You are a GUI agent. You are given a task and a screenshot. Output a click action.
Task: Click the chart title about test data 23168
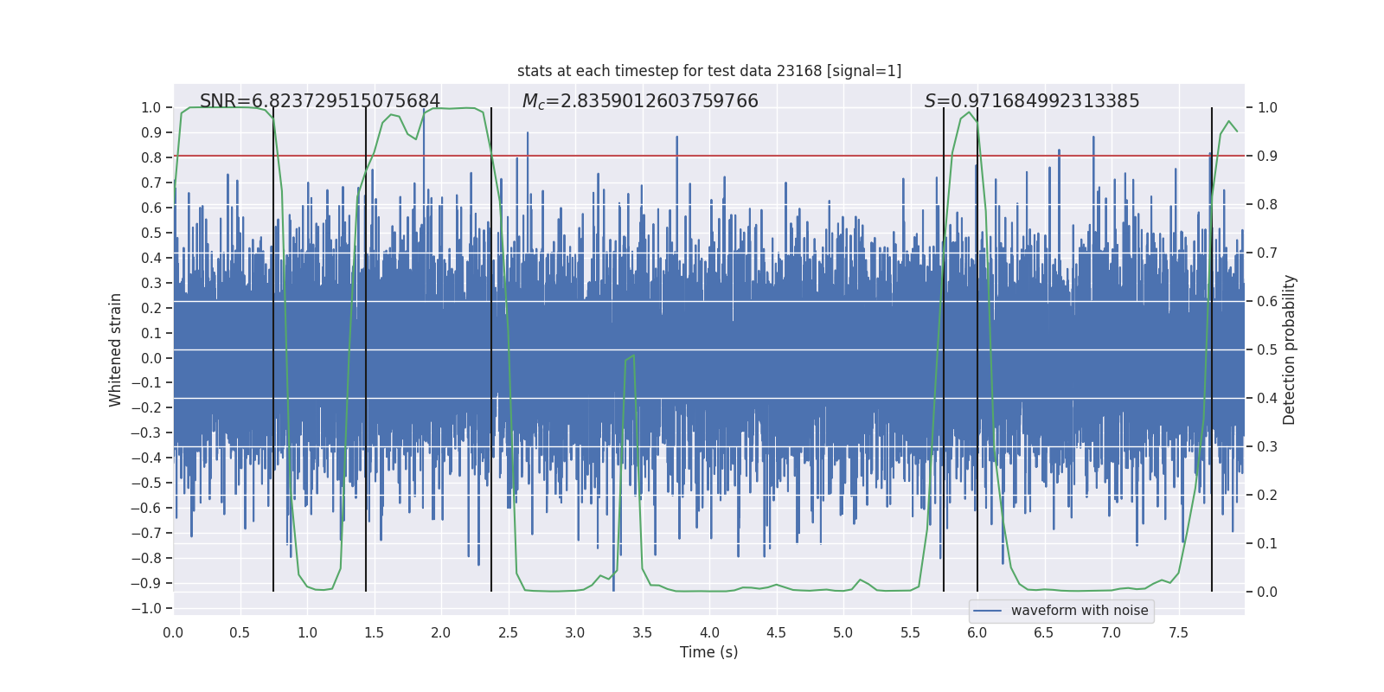709,71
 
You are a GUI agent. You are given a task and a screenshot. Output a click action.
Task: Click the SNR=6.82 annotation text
320,101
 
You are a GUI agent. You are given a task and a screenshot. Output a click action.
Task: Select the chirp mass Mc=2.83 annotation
640,101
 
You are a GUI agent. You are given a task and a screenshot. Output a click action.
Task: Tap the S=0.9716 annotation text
1032,101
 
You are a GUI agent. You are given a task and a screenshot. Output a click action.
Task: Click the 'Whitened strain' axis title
115,349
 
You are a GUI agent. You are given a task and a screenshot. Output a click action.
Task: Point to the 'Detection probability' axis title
1290,349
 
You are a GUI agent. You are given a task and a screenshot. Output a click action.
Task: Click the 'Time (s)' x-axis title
708,652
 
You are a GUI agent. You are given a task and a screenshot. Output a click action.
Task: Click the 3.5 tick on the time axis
642,632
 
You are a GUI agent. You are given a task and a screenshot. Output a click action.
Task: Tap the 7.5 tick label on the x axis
1178,632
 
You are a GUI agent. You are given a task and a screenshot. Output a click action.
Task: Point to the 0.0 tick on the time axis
173,632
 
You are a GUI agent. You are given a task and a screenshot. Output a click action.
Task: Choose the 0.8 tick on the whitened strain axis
151,157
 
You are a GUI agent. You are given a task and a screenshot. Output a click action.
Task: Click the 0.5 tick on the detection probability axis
1267,349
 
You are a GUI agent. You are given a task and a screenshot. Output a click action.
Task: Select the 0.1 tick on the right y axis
1267,543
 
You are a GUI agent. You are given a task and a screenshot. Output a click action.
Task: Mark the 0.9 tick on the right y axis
1267,156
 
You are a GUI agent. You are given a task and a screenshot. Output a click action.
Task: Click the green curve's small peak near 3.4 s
633,356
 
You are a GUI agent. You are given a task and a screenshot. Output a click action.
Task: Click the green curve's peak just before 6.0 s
970,112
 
